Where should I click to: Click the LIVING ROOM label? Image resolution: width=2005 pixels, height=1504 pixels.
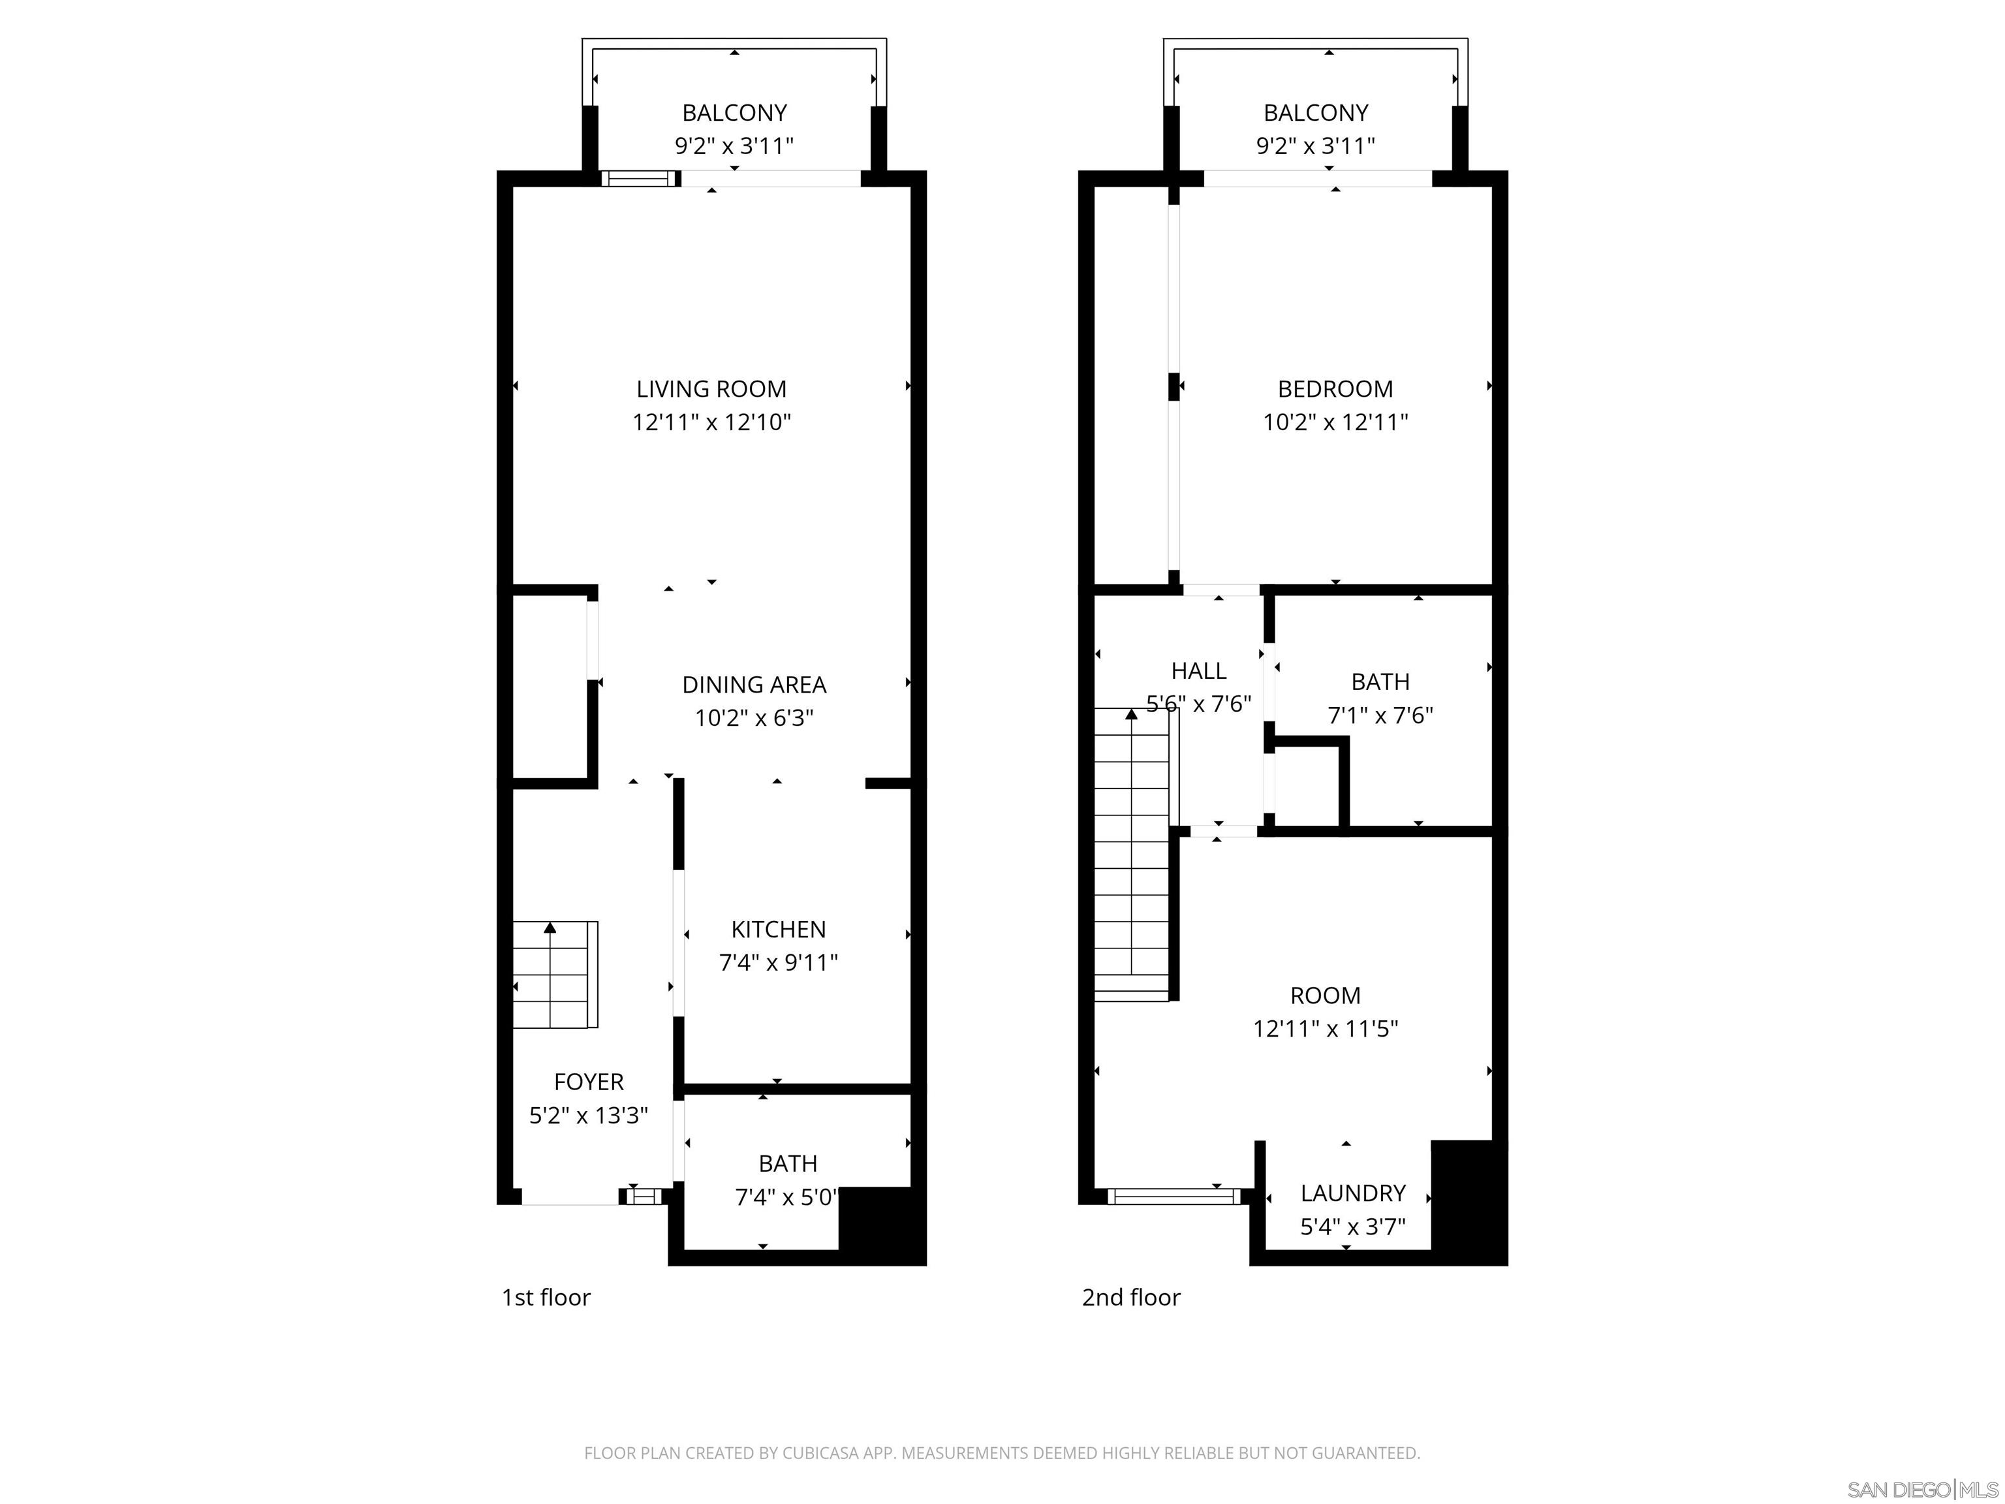point(711,389)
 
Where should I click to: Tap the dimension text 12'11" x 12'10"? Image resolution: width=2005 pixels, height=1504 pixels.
point(711,422)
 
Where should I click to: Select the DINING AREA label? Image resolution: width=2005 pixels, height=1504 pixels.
point(753,685)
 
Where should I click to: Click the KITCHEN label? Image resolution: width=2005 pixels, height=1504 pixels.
point(778,930)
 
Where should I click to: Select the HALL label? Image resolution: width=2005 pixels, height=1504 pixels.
point(1198,671)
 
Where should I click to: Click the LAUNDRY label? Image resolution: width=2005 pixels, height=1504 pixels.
point(1352,1193)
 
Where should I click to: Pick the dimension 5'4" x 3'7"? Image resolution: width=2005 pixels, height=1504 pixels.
point(1352,1227)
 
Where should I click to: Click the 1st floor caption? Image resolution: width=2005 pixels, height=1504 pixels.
point(546,1297)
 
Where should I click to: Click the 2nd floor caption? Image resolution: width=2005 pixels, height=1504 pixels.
point(1130,1297)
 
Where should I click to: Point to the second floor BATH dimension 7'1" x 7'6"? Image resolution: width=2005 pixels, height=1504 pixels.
point(1380,716)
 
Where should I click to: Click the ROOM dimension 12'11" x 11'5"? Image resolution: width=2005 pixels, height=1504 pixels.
point(1325,1029)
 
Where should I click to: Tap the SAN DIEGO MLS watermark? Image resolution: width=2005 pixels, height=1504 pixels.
point(1921,1490)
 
